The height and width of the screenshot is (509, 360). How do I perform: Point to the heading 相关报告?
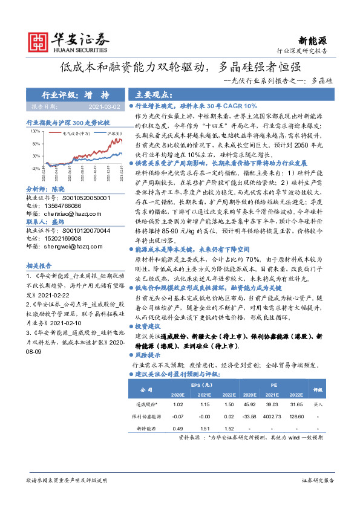39,265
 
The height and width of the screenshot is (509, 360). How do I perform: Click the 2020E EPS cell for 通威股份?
178,404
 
